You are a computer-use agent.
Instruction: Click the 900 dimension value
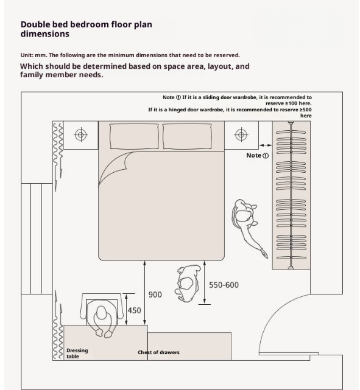point(155,294)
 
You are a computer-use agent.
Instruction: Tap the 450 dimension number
point(135,311)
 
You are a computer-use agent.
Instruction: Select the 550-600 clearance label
point(224,285)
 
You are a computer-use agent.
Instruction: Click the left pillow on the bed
point(134,136)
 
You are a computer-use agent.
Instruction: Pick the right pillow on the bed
point(187,136)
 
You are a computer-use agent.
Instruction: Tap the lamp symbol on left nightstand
point(80,135)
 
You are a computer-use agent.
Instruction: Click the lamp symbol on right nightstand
point(241,135)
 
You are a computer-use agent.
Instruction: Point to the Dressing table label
point(77,353)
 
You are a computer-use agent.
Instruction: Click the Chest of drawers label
point(158,352)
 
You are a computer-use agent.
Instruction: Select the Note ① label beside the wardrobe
point(258,156)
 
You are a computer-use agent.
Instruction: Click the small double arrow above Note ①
point(266,145)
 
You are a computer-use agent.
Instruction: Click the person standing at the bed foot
point(188,284)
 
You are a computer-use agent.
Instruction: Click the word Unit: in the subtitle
point(27,55)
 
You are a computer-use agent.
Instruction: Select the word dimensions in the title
point(45,34)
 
